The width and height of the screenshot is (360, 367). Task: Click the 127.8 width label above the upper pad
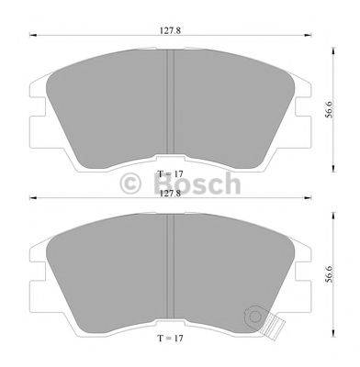(167, 28)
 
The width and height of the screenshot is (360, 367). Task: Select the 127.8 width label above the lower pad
(169, 194)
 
